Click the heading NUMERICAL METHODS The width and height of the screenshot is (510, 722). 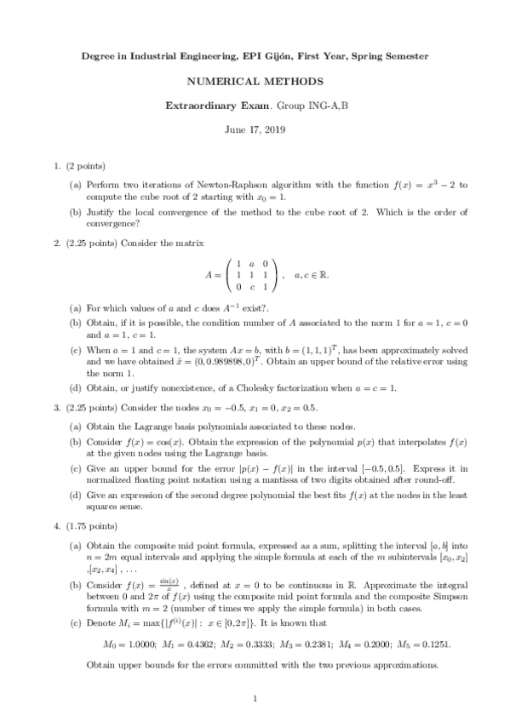click(x=255, y=82)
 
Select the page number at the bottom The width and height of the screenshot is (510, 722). click(x=255, y=699)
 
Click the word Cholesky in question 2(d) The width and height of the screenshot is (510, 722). click(x=250, y=388)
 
